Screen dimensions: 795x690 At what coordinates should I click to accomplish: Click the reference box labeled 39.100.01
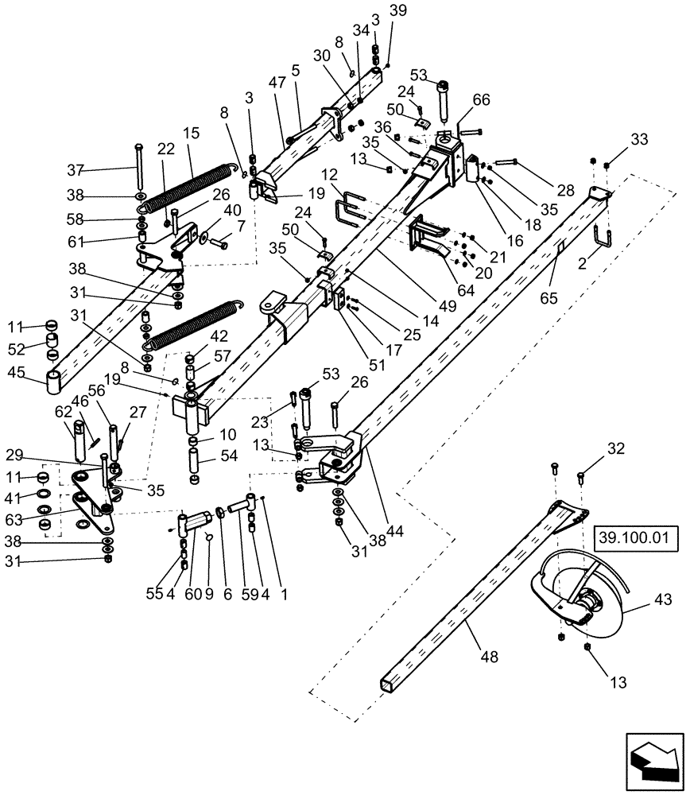coord(634,540)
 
